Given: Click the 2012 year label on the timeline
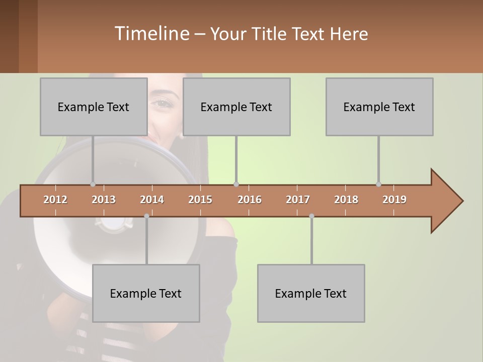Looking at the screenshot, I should (x=55, y=200).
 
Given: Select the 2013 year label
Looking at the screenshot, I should (x=104, y=200).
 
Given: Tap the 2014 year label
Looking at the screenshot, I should (x=152, y=200).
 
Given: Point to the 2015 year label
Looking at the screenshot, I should (x=200, y=200).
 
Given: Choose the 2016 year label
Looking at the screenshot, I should (x=250, y=200).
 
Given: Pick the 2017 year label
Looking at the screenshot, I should (x=298, y=200).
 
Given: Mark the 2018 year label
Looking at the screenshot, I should (x=346, y=200).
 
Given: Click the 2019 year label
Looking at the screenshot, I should (x=394, y=200).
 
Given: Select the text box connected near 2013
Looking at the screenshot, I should (x=94, y=107).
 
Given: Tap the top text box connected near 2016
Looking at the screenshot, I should (x=236, y=107).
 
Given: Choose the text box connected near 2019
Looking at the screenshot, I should (x=379, y=107).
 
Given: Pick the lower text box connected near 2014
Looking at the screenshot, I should (x=146, y=293).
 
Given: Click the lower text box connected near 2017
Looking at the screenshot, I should (x=311, y=293).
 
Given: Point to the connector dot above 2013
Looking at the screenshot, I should (x=93, y=184).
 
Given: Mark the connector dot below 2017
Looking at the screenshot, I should (x=311, y=216).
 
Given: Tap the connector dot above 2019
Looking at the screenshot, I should (x=378, y=184).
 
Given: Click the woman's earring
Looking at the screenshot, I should (x=181, y=135).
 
